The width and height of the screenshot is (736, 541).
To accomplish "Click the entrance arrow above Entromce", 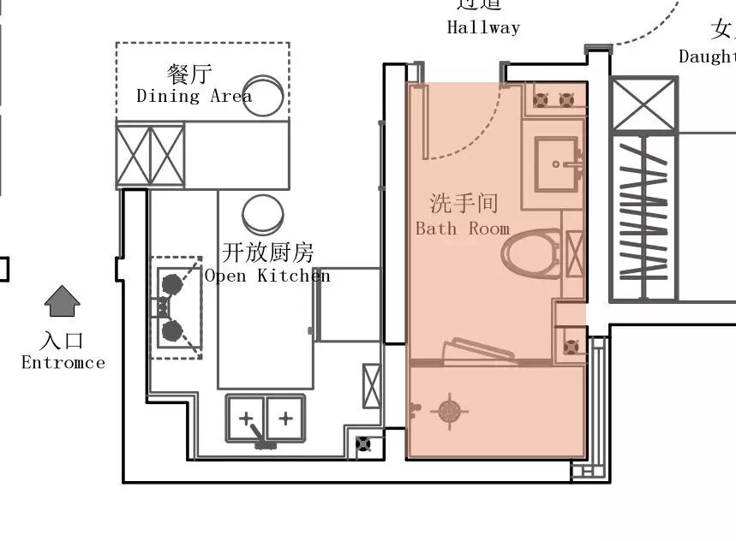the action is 63,301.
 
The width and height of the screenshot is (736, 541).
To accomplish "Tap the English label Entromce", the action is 63,363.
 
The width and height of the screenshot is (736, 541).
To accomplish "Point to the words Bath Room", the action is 463,229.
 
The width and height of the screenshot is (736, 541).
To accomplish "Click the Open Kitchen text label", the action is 266,276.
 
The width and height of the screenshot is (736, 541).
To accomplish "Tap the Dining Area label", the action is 194,96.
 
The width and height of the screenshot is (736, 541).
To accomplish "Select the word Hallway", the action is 483,27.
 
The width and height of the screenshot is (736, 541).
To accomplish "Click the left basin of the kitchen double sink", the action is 247,418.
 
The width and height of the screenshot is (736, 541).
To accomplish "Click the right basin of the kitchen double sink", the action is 285,418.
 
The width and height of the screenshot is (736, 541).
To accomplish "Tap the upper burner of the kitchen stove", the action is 171,282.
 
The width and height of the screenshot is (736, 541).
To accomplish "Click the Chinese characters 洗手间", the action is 464,203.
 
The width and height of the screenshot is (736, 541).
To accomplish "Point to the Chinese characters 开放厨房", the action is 268,253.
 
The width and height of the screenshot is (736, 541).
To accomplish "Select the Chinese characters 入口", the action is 63,341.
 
